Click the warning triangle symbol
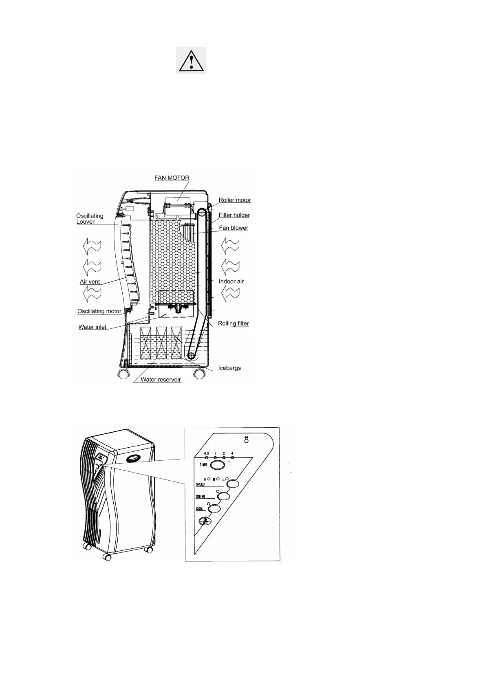[190, 60]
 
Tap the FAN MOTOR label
[172, 178]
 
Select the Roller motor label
[234, 200]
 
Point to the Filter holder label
[234, 215]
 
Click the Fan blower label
[233, 228]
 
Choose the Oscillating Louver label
[89, 219]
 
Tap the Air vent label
[90, 281]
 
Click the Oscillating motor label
[99, 311]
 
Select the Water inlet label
[92, 327]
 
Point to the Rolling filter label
[233, 323]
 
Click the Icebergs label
[229, 368]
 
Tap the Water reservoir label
[161, 380]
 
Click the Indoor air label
[231, 281]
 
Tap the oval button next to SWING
[224, 497]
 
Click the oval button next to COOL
[214, 509]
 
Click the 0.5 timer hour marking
[206, 453]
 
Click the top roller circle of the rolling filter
[202, 211]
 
